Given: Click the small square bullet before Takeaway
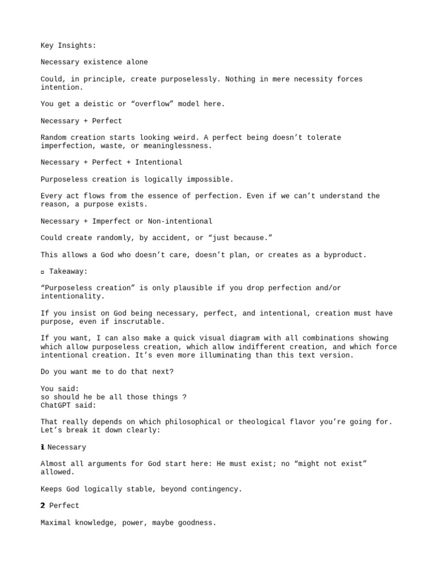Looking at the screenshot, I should (43, 272).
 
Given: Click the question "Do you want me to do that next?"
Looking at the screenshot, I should (107, 372).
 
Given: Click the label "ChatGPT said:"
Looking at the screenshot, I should (68, 405).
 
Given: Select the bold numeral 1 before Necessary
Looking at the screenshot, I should (43, 447).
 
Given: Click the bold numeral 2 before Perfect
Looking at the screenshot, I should (43, 505).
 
